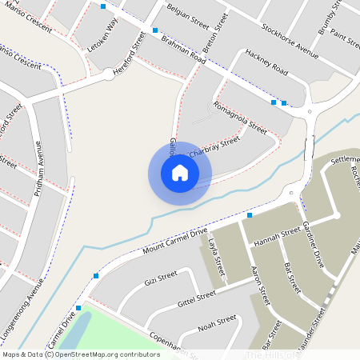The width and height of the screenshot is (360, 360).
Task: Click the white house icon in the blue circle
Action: coord(180,172)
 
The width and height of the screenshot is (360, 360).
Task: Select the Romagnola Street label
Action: coord(239,117)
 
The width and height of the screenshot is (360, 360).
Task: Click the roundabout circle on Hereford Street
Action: coord(109,75)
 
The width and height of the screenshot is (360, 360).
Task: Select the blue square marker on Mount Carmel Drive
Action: coord(250,215)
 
